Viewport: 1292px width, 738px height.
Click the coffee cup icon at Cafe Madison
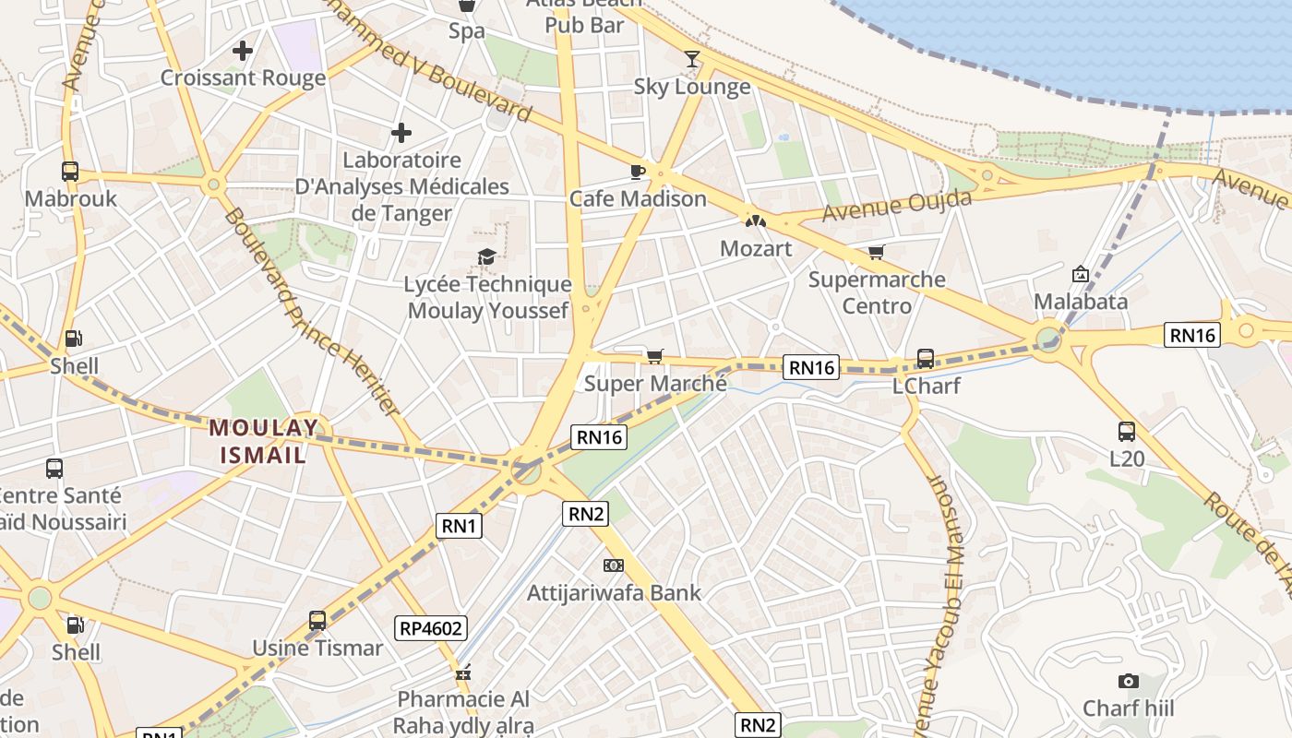click(637, 172)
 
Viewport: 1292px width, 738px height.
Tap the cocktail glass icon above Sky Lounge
click(692, 60)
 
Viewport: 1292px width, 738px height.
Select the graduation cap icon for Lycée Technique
click(486, 256)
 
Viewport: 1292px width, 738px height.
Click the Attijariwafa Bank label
click(614, 592)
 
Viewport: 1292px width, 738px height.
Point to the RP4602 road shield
click(432, 629)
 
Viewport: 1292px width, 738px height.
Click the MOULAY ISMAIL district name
click(264, 441)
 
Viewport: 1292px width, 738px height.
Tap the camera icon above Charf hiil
click(1128, 682)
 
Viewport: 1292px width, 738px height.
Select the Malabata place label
click(1081, 302)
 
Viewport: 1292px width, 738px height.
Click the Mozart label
click(756, 248)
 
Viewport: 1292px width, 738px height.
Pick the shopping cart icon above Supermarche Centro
click(876, 252)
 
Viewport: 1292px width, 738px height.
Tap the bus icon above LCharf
click(926, 359)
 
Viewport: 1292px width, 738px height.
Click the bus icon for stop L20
click(1127, 431)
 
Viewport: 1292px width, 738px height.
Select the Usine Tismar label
click(317, 648)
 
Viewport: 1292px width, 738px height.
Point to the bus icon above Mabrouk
click(70, 171)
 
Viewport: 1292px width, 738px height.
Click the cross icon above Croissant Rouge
click(243, 51)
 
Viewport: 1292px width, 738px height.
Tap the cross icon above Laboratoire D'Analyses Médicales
click(401, 133)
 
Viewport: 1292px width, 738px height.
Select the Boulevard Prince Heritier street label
click(312, 312)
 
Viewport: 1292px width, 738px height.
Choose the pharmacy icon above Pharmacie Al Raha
click(463, 673)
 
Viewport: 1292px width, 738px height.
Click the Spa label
click(467, 31)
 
